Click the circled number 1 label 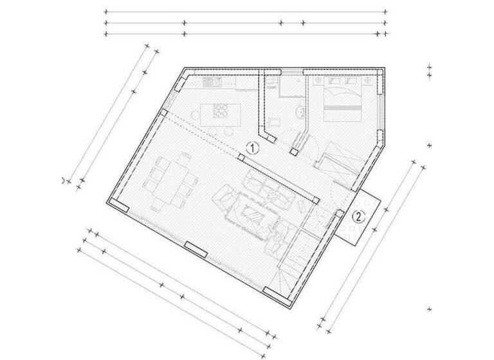253,148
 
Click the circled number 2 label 360,217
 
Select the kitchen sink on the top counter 212,82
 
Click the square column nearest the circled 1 242,156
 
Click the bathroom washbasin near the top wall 273,83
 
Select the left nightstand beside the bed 318,81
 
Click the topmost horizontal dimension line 244,12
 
